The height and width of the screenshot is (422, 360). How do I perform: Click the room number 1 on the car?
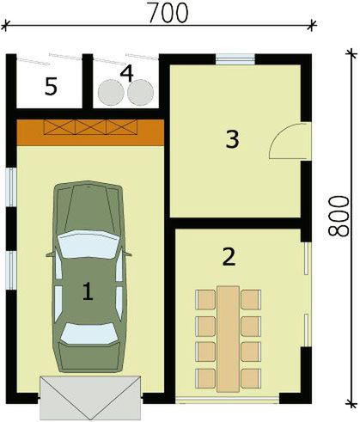point(87,291)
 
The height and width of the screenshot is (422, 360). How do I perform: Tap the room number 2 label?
point(228,255)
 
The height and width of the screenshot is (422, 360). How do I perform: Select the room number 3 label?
point(230,139)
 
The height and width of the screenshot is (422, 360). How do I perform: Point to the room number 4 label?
point(127,73)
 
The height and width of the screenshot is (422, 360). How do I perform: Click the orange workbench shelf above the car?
point(89,130)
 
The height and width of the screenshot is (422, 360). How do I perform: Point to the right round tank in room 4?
point(142,91)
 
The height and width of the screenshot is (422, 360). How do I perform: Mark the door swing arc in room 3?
point(284,141)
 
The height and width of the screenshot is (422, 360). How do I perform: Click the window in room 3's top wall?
point(234,59)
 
